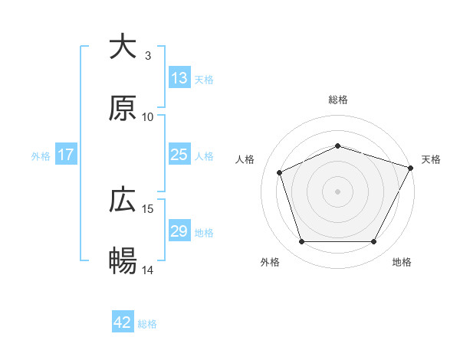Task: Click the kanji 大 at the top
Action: (123, 47)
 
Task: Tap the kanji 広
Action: (123, 201)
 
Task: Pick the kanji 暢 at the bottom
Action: (123, 261)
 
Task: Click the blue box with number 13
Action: (179, 78)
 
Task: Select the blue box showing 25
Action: (179, 155)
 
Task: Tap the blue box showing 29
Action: (179, 231)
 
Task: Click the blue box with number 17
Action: (66, 155)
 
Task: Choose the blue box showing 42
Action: (123, 323)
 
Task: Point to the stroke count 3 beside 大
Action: (148, 56)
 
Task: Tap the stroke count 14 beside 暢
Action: (148, 270)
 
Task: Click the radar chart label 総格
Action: (338, 100)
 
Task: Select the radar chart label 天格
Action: (431, 159)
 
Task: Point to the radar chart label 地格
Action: (402, 262)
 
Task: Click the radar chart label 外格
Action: (270, 262)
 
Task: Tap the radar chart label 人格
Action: (245, 159)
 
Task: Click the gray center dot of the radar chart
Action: (338, 191)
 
